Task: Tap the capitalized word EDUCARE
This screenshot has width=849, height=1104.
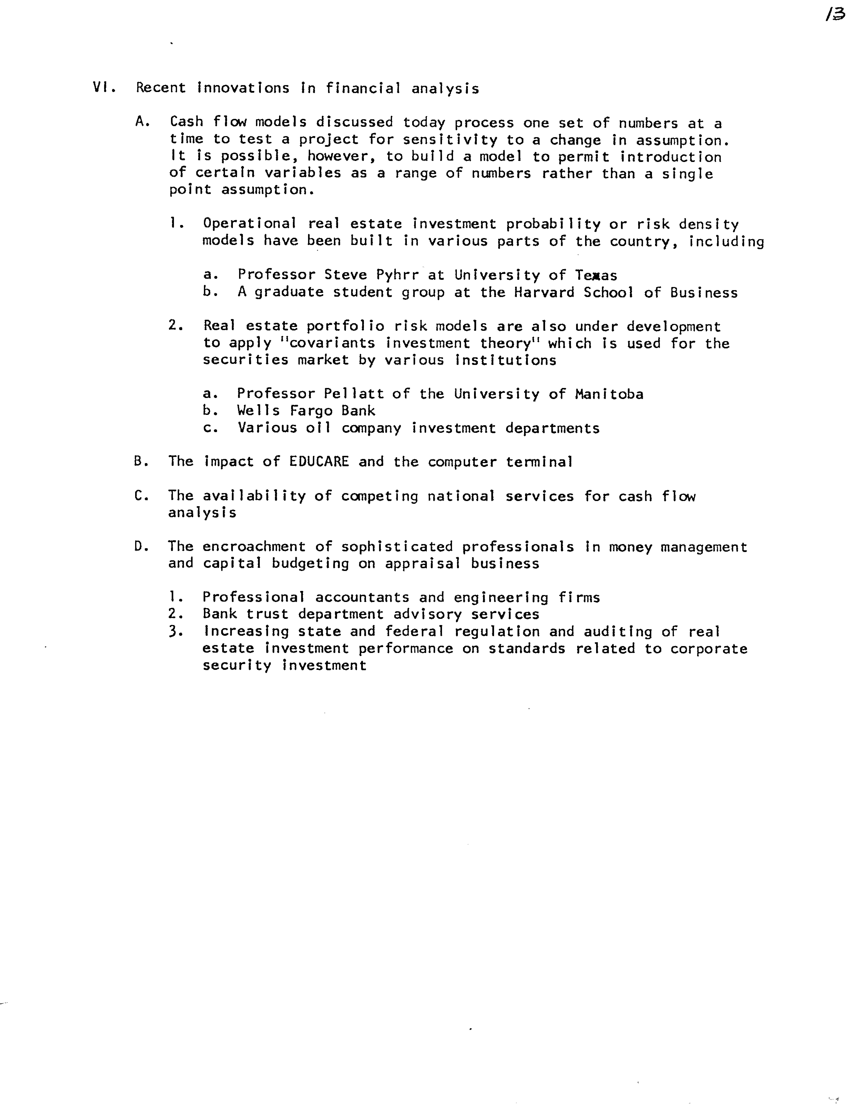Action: point(319,462)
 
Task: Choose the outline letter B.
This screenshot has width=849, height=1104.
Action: point(139,462)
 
